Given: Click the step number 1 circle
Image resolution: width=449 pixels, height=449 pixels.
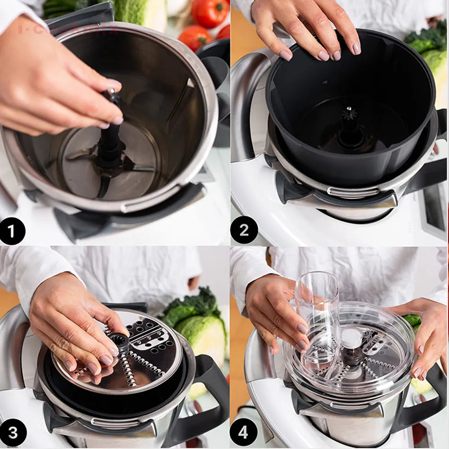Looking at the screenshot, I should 13,231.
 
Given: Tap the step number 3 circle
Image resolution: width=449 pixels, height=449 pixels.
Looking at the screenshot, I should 13,433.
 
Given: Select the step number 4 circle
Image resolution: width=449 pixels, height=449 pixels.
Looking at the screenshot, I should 243,432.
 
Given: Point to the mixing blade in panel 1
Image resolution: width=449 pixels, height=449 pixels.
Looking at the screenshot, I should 135,166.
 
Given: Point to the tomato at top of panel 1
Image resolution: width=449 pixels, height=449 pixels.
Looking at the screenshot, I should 209,13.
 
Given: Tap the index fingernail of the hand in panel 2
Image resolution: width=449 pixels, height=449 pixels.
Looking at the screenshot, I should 286,55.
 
